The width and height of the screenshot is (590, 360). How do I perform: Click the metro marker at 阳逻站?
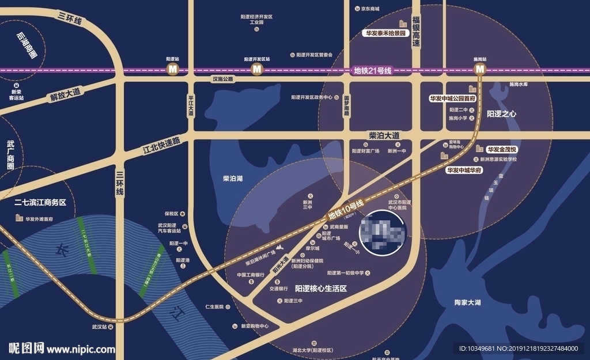coord(172,70)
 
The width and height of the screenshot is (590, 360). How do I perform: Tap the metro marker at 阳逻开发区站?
coord(256,70)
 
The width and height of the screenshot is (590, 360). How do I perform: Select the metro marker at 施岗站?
coord(480,70)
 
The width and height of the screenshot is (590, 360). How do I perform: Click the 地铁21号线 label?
coord(372,71)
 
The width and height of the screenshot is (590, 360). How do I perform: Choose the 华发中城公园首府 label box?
coord(453,98)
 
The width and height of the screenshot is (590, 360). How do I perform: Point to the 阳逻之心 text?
coord(501,114)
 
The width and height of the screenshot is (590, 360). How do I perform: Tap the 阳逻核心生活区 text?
coord(320,288)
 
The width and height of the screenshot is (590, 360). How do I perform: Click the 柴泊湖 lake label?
coord(233,179)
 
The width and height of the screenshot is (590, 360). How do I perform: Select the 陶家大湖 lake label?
coord(467,302)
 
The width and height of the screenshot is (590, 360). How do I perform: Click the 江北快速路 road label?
coord(161,147)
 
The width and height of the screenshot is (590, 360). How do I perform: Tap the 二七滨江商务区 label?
coord(40,203)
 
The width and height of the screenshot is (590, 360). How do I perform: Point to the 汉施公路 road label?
coord(222,79)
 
